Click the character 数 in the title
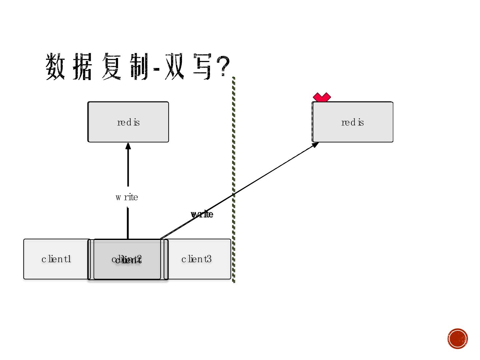coord(55,67)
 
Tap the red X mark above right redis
coord(322,97)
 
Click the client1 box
coord(56,259)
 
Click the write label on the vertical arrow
coord(127,197)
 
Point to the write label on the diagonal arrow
coord(202,214)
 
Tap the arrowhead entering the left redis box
coord(128,146)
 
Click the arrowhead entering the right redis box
coord(315,145)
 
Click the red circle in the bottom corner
coord(458,339)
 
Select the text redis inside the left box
coord(128,122)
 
